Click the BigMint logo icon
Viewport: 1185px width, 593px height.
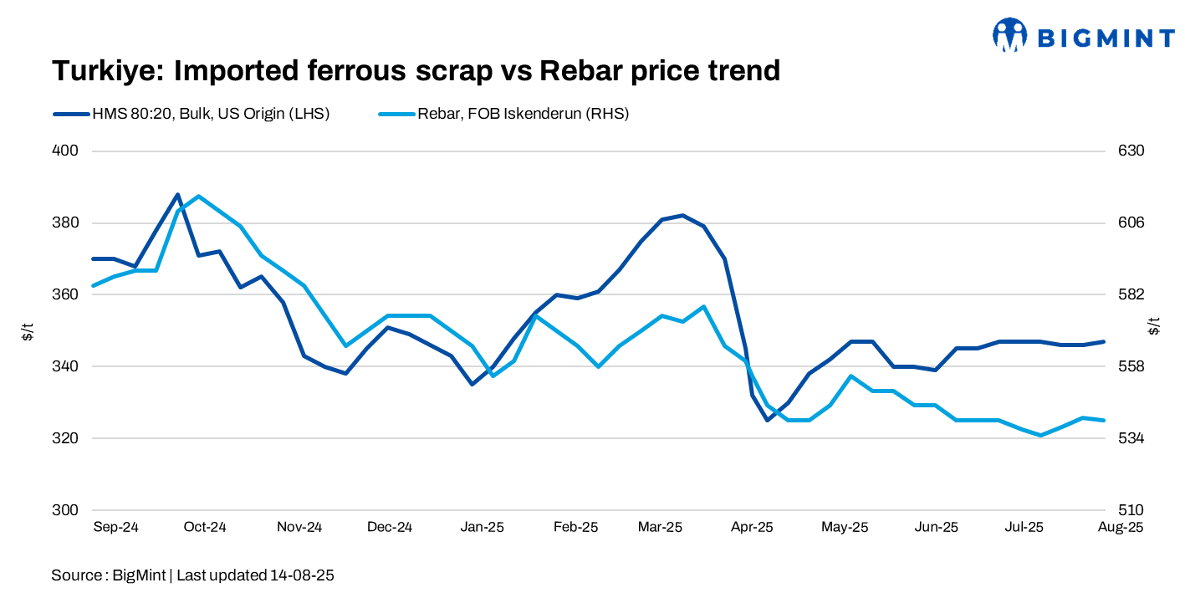pos(1009,35)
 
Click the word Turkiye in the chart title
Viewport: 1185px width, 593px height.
pos(107,71)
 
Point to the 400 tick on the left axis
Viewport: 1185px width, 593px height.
pos(66,151)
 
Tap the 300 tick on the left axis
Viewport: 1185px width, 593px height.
pos(66,510)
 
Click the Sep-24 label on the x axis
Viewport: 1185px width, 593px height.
pos(115,528)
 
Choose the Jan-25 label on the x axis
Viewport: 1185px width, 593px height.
pos(483,528)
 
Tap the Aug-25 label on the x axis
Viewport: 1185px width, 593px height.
pos(1120,528)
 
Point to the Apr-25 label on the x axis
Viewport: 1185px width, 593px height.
pos(752,528)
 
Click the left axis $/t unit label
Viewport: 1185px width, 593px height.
pos(28,330)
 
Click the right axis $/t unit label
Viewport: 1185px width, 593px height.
pos(1155,326)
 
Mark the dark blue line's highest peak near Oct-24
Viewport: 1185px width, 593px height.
pos(177,194)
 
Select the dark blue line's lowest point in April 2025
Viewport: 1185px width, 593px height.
pos(767,420)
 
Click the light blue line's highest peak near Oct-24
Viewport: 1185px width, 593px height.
pos(198,196)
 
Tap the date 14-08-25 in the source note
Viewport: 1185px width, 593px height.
pos(302,575)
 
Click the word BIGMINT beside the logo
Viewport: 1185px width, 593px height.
pos(1106,37)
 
